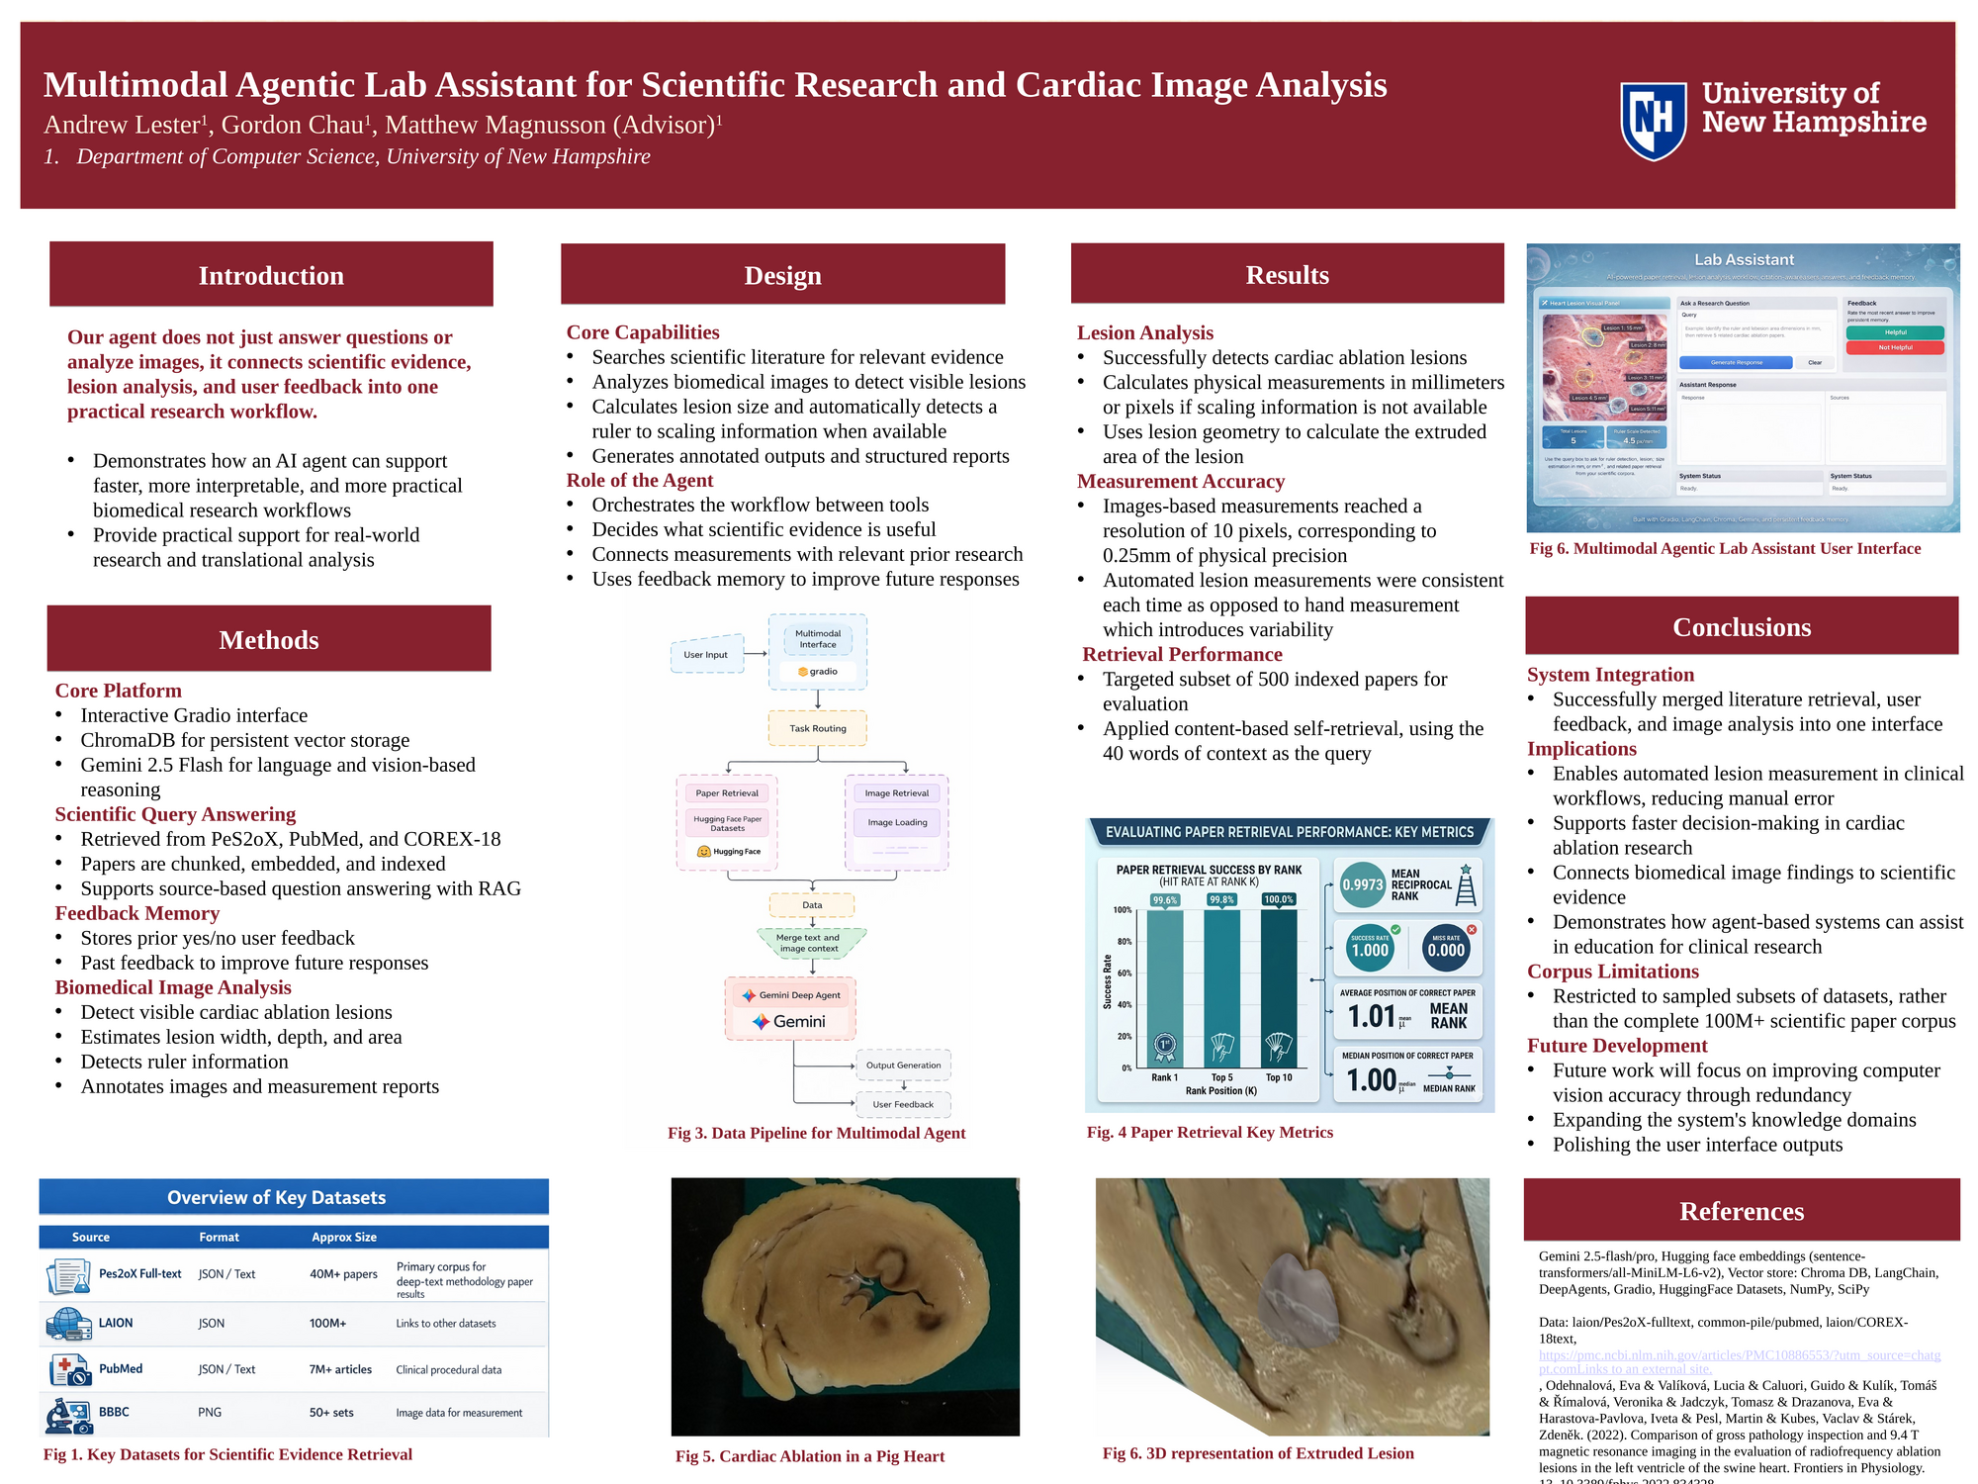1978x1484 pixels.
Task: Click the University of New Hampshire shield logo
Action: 1653,121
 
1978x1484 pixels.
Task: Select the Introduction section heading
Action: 271,275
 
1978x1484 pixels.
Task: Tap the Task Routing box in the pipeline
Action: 818,728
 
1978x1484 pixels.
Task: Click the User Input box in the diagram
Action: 706,654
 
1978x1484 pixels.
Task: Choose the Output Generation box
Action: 903,1066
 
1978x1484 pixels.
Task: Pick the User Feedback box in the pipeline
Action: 903,1104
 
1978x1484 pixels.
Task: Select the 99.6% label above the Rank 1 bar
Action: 1165,900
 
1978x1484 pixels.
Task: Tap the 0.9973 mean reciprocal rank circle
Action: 1362,884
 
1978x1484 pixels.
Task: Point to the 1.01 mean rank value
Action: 1372,1016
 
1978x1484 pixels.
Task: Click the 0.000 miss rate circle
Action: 1446,950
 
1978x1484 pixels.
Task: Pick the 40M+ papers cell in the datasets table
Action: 343,1274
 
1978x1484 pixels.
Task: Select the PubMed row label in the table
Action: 121,1369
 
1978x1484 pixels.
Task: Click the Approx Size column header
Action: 344,1237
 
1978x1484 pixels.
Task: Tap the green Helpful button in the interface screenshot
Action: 1894,332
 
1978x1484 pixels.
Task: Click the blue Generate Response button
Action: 1736,362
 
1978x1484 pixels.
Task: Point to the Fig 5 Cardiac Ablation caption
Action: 810,1456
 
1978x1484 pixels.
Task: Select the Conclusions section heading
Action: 1742,627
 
